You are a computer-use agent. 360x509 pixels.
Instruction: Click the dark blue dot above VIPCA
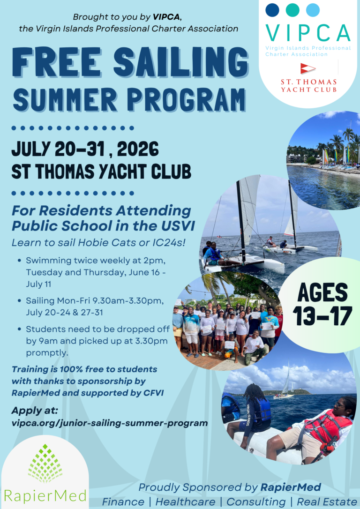[272, 10]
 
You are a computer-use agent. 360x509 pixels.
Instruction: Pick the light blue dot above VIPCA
[313, 10]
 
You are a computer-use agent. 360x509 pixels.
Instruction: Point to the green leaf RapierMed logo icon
[45, 464]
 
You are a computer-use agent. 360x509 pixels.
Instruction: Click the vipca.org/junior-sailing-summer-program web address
[110, 423]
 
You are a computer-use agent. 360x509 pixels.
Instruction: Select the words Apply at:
[34, 411]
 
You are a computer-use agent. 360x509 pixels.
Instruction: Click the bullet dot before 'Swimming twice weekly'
[20, 260]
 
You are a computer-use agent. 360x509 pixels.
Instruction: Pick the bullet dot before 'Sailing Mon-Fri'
[20, 301]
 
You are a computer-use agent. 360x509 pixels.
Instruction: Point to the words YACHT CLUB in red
[309, 89]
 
